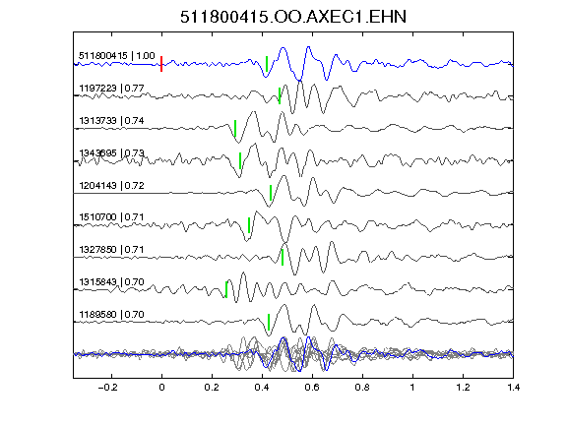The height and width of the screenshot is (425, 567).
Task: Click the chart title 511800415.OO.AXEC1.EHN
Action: click(x=293, y=17)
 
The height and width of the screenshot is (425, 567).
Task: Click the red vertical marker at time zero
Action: click(x=161, y=64)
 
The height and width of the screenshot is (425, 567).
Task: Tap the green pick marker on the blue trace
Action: click(x=267, y=64)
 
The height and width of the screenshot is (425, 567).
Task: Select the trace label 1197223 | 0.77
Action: click(x=111, y=89)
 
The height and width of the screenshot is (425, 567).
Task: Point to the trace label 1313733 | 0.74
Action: click(x=111, y=120)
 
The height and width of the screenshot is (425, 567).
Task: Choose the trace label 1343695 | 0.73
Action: click(x=111, y=152)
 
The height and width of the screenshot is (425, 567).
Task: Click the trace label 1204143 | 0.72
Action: click(x=111, y=185)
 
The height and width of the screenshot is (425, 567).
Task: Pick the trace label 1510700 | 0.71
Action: click(x=111, y=217)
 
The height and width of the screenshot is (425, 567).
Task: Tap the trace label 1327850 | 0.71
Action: click(x=111, y=249)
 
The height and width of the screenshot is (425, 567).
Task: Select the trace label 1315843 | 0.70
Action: click(x=111, y=282)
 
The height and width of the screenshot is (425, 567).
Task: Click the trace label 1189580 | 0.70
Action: click(x=111, y=315)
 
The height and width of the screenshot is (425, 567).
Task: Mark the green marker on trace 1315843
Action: click(x=226, y=289)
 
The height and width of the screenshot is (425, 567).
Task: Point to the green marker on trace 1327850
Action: click(x=283, y=258)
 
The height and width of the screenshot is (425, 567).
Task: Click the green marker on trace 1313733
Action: click(x=235, y=128)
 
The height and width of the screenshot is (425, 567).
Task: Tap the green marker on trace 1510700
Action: click(x=249, y=225)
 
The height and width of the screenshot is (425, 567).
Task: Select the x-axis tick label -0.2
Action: click(x=107, y=388)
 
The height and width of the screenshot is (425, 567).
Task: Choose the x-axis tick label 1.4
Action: click(x=513, y=388)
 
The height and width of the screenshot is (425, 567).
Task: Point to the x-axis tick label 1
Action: click(x=412, y=388)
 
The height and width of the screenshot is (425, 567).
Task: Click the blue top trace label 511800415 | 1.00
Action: click(x=117, y=56)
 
